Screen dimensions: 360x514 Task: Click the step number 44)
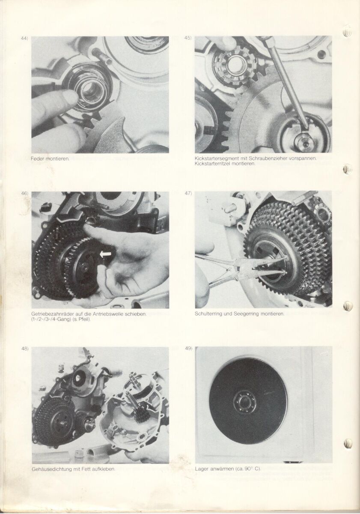tap(24, 39)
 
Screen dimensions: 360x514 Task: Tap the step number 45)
tap(188, 38)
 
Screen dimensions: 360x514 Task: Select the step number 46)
tap(25, 193)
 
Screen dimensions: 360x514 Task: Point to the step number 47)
tap(188, 193)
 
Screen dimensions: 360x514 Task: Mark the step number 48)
tap(25, 349)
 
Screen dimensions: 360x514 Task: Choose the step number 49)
tap(188, 349)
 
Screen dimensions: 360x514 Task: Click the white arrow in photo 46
tap(105, 254)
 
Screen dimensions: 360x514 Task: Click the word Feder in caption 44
tap(36, 158)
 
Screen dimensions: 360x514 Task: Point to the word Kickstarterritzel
tap(210, 164)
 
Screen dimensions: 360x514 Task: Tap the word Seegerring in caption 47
tap(243, 314)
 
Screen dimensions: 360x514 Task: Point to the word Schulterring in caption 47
tap(205, 314)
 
